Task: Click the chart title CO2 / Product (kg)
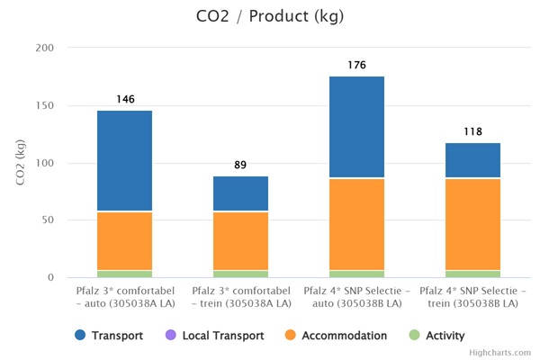269,16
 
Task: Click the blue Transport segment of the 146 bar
125,161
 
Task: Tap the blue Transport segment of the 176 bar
356,127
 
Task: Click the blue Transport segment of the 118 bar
472,160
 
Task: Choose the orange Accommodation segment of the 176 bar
356,224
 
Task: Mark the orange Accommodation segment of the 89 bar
240,241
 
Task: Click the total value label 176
356,66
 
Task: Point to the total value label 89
240,166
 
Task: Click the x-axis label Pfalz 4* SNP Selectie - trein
472,298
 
